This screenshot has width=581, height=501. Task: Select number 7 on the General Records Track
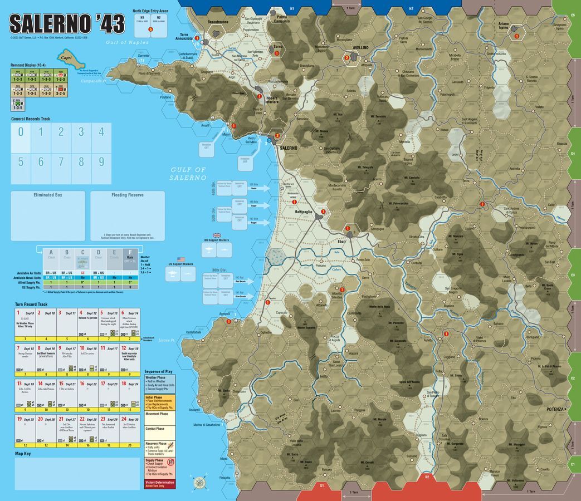(x=61, y=162)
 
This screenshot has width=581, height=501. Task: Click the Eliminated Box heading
(x=47, y=195)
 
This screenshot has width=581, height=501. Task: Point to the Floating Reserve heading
(x=127, y=195)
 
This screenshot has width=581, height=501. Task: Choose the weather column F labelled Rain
(x=130, y=254)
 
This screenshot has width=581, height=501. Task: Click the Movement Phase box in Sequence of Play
(x=159, y=414)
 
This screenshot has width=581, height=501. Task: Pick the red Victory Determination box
(x=159, y=484)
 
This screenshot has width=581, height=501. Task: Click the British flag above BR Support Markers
(x=217, y=235)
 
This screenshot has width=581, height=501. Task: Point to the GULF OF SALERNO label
(x=188, y=173)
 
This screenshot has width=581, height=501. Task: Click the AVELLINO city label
(x=359, y=48)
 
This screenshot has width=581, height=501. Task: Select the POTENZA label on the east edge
(x=555, y=409)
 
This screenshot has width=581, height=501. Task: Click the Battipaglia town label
(x=304, y=212)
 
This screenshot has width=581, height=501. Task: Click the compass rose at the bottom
(x=199, y=482)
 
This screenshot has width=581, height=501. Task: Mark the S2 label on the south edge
(x=427, y=477)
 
